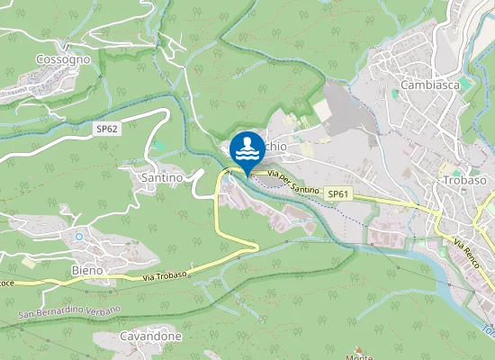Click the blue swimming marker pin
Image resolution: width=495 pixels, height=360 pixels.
tap(247, 149)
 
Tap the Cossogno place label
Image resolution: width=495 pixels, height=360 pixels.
tap(63, 58)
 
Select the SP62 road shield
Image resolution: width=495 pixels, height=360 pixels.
tap(107, 130)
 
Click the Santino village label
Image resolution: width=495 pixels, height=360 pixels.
tap(162, 178)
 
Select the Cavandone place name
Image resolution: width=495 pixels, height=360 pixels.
tap(149, 337)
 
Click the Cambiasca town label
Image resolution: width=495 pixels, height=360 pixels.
tap(430, 85)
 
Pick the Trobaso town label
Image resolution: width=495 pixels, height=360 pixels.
tap(464, 180)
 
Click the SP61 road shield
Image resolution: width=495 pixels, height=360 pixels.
tap(337, 194)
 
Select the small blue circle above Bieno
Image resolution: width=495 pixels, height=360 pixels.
tap(79, 237)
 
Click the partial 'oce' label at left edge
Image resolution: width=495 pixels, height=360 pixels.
tap(6, 283)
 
